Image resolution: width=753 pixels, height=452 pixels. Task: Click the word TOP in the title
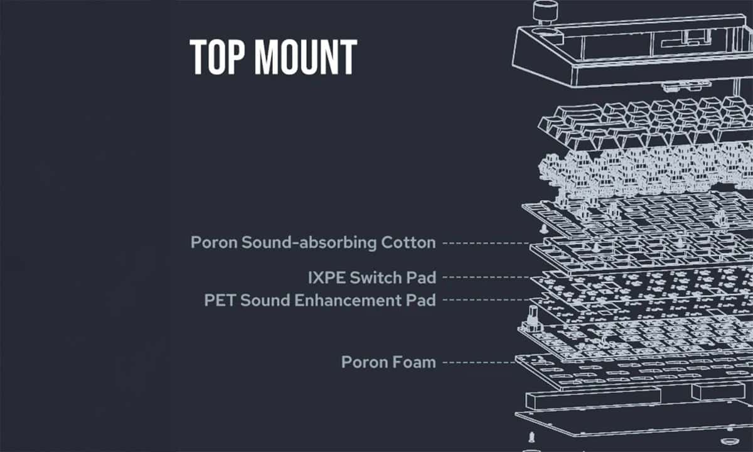pyautogui.click(x=218, y=56)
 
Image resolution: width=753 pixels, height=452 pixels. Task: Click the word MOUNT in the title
pyautogui.click(x=306, y=56)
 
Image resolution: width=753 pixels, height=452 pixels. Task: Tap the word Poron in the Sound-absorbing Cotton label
pyautogui.click(x=214, y=242)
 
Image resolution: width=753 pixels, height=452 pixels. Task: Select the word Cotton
pyautogui.click(x=408, y=242)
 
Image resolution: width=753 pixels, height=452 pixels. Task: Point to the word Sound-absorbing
pyautogui.click(x=309, y=243)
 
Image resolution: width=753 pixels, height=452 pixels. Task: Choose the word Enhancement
pyautogui.click(x=348, y=300)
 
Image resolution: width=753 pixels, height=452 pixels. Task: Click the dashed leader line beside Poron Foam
pyautogui.click(x=479, y=363)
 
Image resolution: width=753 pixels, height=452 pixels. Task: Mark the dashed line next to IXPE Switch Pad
pyautogui.click(x=486, y=277)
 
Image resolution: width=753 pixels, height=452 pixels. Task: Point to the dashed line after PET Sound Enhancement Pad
pyautogui.click(x=486, y=299)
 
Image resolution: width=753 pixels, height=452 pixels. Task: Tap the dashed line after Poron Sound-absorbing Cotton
pyautogui.click(x=486, y=243)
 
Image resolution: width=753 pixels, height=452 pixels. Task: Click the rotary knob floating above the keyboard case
pyautogui.click(x=545, y=13)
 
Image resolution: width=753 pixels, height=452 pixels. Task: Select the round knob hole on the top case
pyautogui.click(x=549, y=33)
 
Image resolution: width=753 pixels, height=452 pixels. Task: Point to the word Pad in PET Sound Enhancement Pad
pyautogui.click(x=421, y=300)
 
